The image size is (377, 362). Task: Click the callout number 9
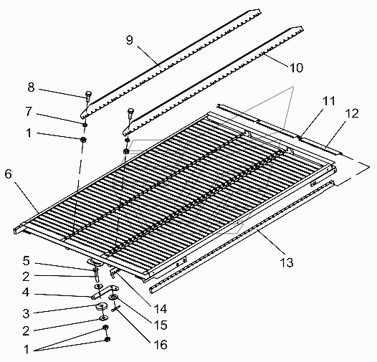tap(130, 40)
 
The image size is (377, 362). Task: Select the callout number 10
tap(297, 68)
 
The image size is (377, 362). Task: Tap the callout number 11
tap(329, 101)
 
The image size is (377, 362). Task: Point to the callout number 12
tap(352, 113)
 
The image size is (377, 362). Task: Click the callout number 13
tap(287, 262)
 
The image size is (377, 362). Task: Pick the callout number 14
tap(160, 309)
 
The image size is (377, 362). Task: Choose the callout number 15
tap(161, 325)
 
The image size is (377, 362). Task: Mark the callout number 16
tap(161, 345)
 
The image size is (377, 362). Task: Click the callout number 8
tap(31, 87)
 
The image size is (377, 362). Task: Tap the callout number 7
tap(29, 111)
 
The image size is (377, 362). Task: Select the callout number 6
tap(8, 173)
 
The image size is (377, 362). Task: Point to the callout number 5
tap(27, 261)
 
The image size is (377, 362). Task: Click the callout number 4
tap(26, 292)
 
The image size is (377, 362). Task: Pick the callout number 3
tap(26, 313)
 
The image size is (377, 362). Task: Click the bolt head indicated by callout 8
tap(88, 94)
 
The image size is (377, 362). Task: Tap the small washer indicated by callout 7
tap(85, 125)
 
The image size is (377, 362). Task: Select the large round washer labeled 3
tap(102, 306)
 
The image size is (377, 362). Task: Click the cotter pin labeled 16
tap(116, 308)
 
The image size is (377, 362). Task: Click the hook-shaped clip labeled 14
tap(113, 273)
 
